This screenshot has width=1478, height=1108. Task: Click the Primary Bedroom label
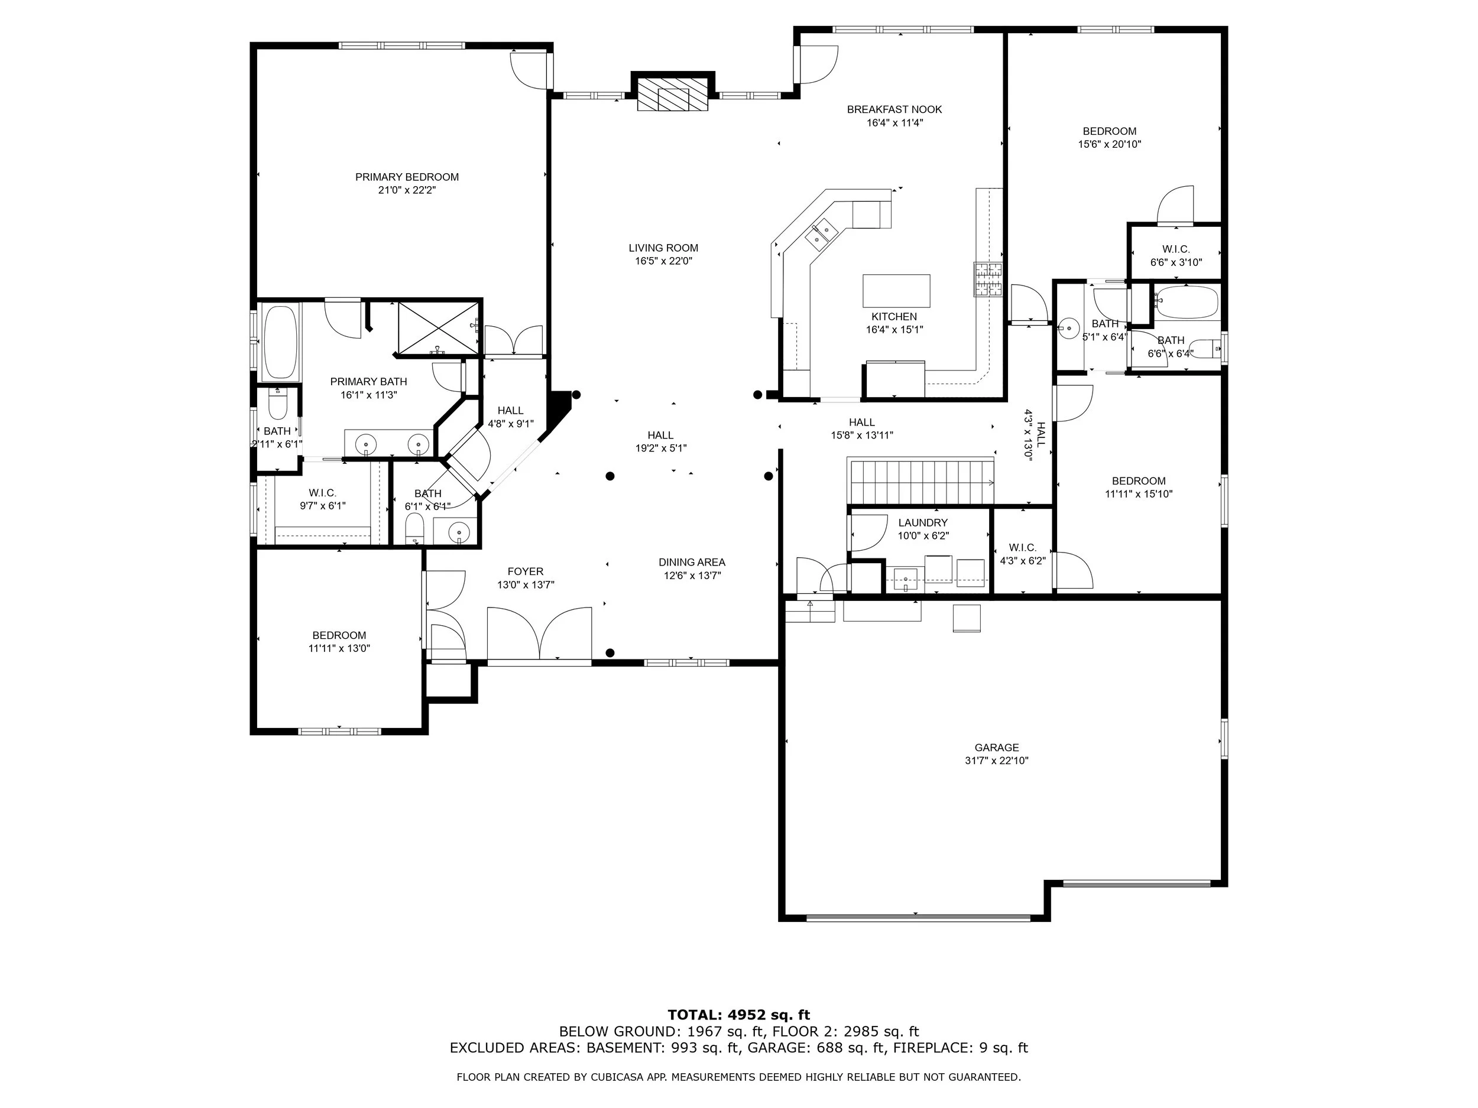[x=407, y=177]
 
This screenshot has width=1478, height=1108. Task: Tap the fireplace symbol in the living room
[x=673, y=93]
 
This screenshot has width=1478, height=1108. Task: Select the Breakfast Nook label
[x=894, y=109]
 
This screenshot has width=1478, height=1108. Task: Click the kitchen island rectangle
[x=896, y=291]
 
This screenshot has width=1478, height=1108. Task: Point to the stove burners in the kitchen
[x=988, y=278]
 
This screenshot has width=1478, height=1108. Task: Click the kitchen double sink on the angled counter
[x=822, y=232]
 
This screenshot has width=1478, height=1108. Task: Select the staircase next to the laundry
[x=920, y=480]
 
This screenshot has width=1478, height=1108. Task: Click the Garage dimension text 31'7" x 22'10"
[x=996, y=760]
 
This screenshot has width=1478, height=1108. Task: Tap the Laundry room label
[x=923, y=523]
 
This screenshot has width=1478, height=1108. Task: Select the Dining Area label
[x=692, y=563]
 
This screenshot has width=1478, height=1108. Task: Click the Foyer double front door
[x=539, y=635]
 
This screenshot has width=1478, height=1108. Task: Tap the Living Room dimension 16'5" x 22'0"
[x=663, y=261]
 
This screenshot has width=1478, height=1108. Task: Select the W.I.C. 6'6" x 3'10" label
[x=1176, y=256]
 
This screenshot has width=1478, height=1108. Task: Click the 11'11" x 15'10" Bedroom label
[x=1139, y=488]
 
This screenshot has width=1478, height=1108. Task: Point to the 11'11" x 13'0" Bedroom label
[x=339, y=642]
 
